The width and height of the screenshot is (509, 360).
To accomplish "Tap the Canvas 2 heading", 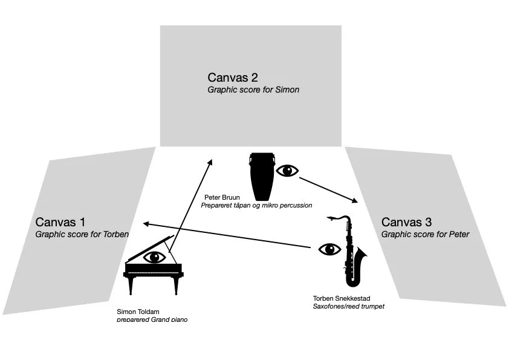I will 233,77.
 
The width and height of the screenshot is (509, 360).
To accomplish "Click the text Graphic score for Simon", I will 253,90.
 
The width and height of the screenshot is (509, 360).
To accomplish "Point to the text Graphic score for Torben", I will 82,234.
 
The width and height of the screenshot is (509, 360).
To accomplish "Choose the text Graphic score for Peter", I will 425,234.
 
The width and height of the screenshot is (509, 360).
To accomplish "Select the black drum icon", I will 262,176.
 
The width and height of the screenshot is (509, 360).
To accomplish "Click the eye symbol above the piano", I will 155,257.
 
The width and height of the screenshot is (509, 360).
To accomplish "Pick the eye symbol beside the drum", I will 287,171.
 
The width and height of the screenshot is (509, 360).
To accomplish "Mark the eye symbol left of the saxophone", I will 329,249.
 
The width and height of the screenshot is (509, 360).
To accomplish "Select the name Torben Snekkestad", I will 342,298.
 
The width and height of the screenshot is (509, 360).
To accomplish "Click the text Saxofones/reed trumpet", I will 348,306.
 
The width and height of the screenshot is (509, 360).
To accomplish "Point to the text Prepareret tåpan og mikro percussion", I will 256,206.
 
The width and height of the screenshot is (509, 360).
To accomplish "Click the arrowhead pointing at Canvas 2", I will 210,162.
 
